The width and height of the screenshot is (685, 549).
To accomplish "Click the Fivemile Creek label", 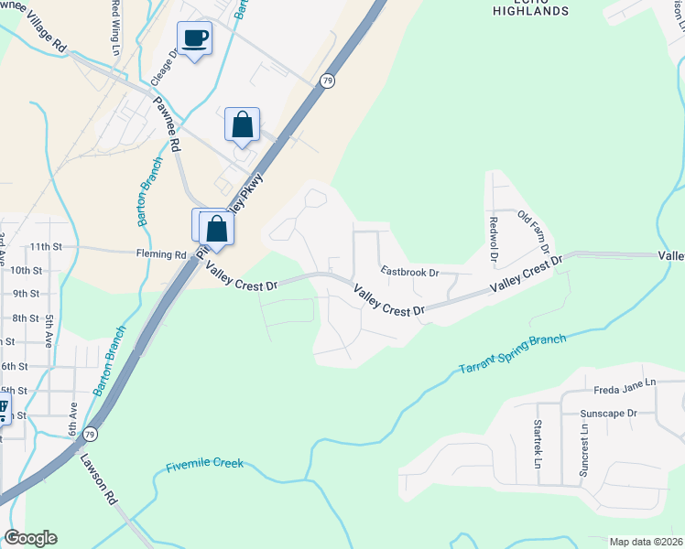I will coord(205,465).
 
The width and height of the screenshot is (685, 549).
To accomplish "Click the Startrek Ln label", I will coord(538,442).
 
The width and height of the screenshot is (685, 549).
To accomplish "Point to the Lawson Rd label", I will coord(100,480).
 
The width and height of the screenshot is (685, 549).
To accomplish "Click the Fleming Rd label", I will coord(161,255).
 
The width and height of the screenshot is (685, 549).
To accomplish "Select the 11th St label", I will coord(44,247).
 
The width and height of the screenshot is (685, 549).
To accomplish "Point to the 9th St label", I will coord(26,294).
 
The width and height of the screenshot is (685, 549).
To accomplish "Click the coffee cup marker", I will coord(194,38).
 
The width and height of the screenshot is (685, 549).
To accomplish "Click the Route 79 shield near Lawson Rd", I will coord(89,433).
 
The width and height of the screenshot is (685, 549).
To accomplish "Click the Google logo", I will coord(30,538).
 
